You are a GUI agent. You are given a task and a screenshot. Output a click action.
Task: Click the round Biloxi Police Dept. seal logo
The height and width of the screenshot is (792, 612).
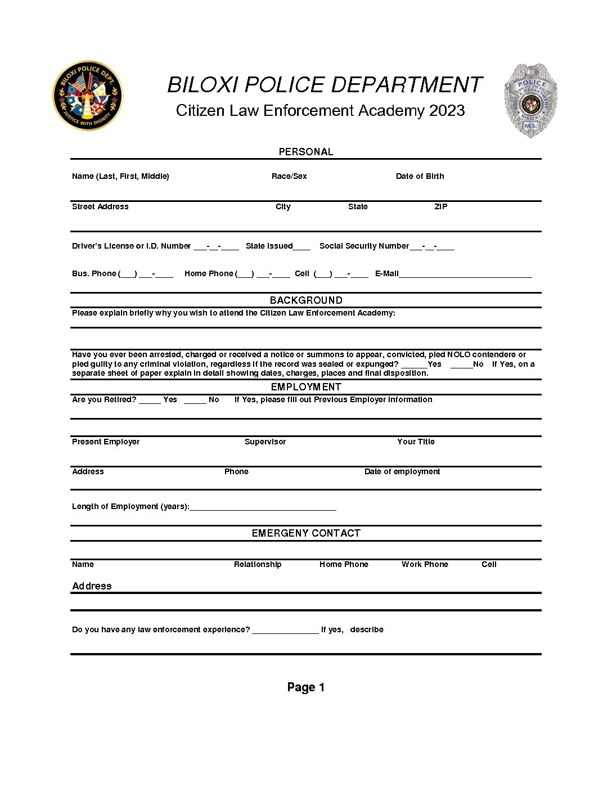pos(87,96)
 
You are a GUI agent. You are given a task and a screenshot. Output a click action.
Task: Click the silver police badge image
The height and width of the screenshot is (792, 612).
pos(530,100)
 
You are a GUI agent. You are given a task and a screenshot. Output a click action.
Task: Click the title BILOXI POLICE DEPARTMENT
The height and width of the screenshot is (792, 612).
pos(325,85)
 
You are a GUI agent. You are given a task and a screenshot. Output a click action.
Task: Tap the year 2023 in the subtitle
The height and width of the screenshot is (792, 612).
pos(447,110)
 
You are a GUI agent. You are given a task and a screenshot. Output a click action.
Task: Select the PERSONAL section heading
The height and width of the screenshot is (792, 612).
pos(306,152)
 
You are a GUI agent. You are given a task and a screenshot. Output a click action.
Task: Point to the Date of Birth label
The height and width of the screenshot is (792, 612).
pos(420,176)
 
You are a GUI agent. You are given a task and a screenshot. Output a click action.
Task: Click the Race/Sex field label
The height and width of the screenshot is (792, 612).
pos(289,176)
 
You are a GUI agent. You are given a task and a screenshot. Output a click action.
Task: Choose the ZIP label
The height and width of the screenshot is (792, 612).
pos(441,206)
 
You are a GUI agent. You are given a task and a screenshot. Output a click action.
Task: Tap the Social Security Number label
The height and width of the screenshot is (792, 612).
pos(364,246)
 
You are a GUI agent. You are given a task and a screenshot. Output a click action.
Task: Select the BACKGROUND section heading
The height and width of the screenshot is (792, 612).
pos(306,300)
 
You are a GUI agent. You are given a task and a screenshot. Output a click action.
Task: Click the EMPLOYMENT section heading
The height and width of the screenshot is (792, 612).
pos(306,387)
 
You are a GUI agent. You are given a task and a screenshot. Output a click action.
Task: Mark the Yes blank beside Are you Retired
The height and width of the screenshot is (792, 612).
pos(150,400)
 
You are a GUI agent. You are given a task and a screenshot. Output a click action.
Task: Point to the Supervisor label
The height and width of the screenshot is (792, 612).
pos(265,442)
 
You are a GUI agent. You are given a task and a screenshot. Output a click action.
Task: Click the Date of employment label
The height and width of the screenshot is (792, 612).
pos(402,471)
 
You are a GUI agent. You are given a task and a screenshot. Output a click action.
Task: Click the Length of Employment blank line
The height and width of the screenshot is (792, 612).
pos(263,507)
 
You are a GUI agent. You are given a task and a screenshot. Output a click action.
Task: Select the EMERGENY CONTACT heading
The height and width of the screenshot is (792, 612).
pos(306,533)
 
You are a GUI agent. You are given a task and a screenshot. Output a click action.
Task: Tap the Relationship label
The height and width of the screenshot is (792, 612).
pos(258,564)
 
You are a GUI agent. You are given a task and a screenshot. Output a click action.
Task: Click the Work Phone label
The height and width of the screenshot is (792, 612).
pos(425,564)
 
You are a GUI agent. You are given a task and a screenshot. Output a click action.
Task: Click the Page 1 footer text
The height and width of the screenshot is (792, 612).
pos(306,687)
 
